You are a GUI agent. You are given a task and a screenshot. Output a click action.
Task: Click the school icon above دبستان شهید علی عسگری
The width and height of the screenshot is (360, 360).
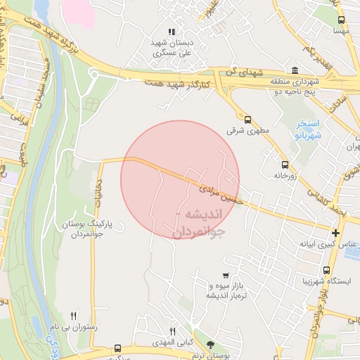(x=172, y=32)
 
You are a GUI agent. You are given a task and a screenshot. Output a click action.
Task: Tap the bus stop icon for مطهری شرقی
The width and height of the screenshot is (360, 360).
(x=247, y=120)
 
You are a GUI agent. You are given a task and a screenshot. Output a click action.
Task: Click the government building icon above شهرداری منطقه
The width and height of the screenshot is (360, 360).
(x=294, y=70)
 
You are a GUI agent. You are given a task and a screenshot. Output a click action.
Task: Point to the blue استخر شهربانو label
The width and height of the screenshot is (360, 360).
(x=304, y=129)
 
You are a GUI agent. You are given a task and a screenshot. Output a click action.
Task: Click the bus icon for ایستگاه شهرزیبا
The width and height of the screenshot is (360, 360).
(x=326, y=270)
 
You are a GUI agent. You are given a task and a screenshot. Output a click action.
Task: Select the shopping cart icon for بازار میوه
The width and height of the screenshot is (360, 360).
(x=225, y=276)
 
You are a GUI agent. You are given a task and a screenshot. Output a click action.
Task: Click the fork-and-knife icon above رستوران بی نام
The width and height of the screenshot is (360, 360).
(x=74, y=316)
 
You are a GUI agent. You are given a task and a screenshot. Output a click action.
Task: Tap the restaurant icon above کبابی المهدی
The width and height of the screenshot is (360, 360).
(x=172, y=331)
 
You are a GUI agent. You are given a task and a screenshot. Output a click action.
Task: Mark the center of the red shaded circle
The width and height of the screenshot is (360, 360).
(x=180, y=180)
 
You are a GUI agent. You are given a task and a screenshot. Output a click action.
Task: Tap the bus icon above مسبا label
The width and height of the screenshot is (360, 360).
(x=341, y=20)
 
